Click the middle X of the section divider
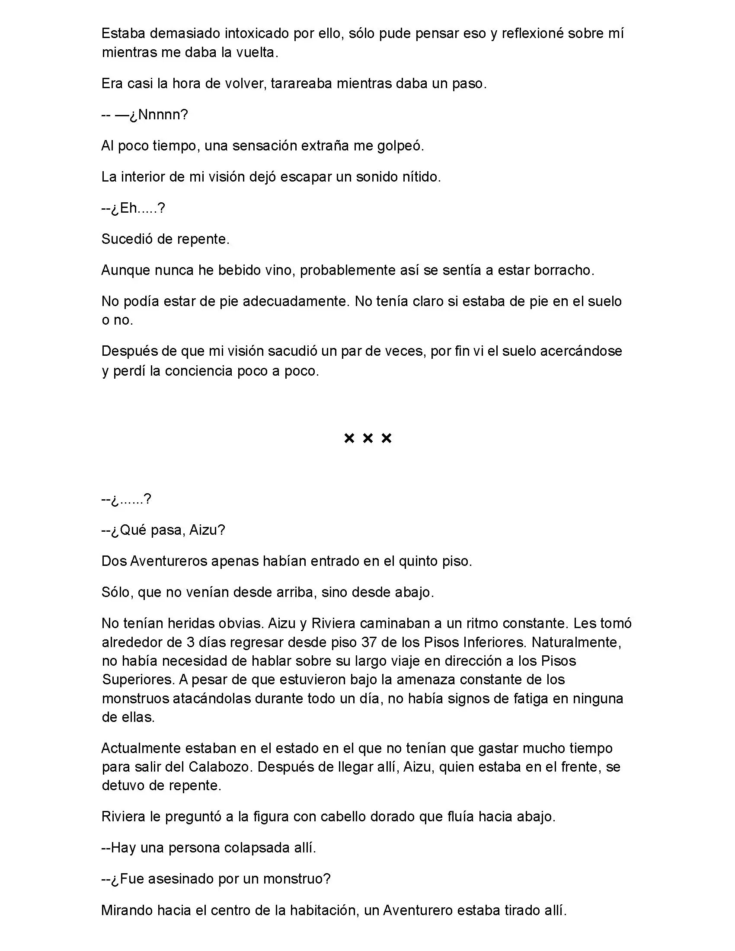pyautogui.click(x=367, y=438)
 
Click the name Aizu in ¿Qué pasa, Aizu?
pyautogui.click(x=207, y=530)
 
